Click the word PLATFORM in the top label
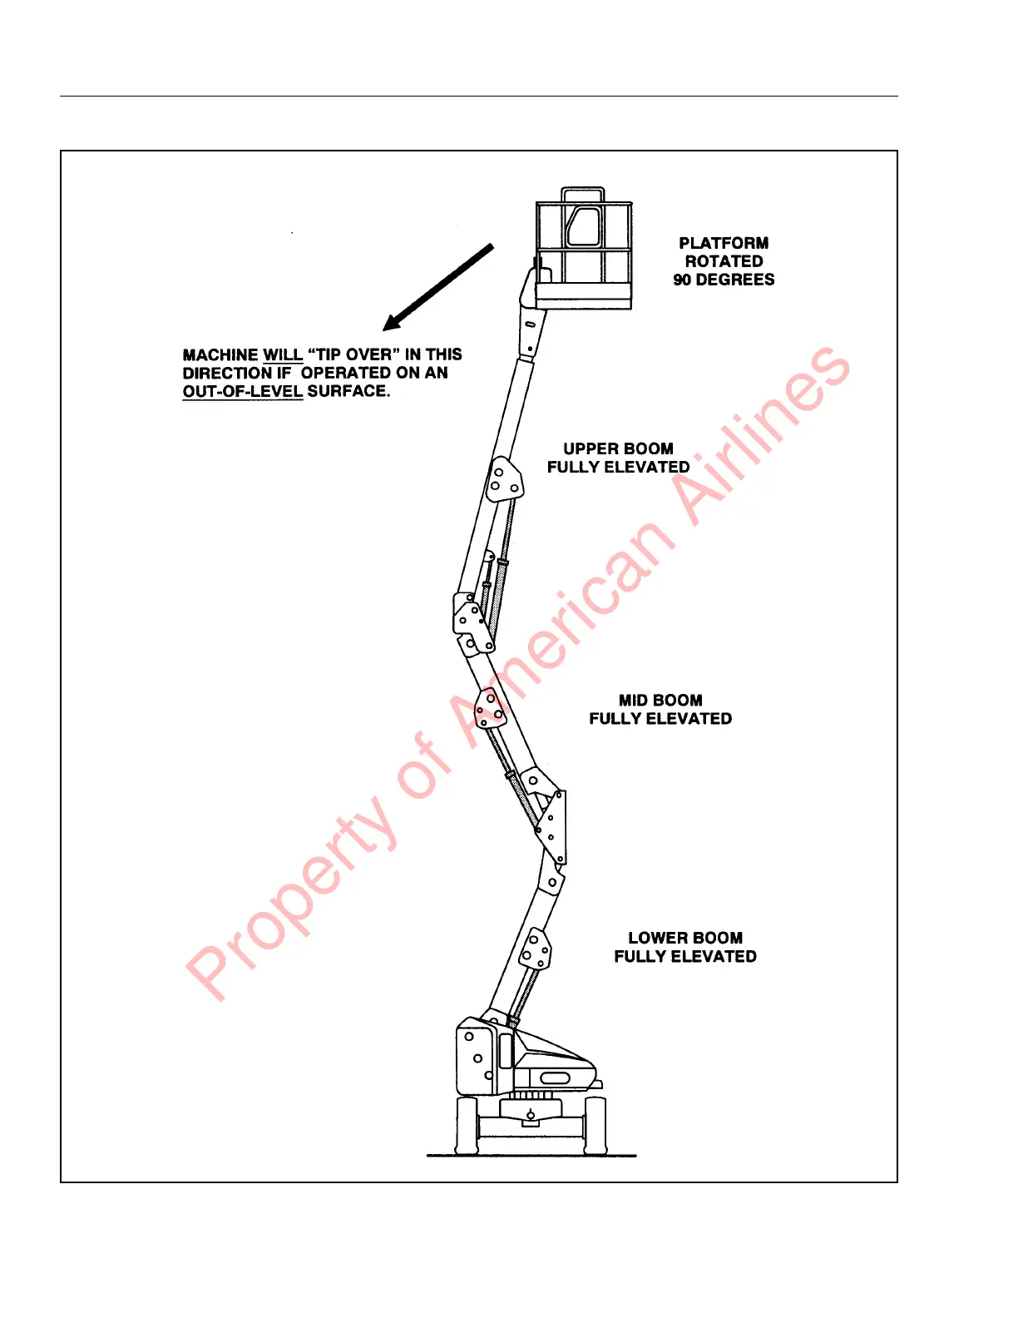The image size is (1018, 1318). [x=724, y=243]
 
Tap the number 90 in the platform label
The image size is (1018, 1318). [x=682, y=280]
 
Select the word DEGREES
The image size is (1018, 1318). [x=734, y=280]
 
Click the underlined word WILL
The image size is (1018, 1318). [x=283, y=354]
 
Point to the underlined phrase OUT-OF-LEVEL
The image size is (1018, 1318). [x=242, y=391]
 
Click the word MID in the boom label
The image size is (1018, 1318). [x=634, y=701]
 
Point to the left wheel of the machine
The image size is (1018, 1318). [x=467, y=1125]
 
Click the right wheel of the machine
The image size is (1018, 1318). [x=595, y=1125]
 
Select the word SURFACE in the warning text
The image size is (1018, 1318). [x=348, y=391]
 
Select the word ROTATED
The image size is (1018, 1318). [x=724, y=261]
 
